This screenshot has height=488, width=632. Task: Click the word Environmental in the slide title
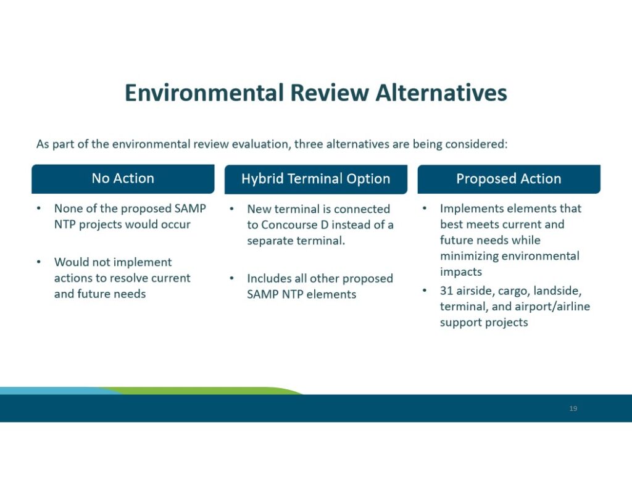(x=204, y=93)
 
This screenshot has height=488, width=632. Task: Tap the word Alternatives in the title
(x=441, y=93)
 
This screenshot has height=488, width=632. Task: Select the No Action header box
(x=123, y=179)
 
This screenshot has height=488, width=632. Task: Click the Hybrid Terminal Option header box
(x=316, y=179)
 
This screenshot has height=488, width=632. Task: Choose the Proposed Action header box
(x=509, y=179)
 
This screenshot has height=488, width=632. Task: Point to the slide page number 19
(x=573, y=408)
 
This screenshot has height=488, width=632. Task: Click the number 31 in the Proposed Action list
(x=446, y=291)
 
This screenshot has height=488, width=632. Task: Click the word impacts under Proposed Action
(x=460, y=272)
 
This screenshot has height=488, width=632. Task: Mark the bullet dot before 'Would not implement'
(x=39, y=262)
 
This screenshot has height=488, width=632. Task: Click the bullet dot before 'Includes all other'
(x=232, y=278)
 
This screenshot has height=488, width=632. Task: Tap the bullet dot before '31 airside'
(x=425, y=290)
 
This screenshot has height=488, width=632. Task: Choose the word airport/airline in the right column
(x=552, y=307)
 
